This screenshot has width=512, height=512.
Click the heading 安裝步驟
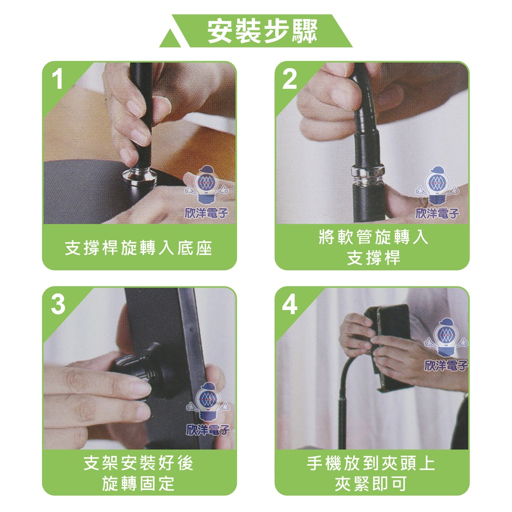coord(262,31)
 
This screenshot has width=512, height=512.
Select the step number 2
coord(289,79)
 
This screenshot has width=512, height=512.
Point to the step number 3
coord(58,304)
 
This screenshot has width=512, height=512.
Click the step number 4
coord(289,304)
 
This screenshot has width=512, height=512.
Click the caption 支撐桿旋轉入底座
coord(139,248)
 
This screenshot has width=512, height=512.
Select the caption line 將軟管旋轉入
coord(372,236)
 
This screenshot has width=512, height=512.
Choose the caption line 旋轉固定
coord(138,483)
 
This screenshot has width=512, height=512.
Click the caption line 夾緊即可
coord(371,483)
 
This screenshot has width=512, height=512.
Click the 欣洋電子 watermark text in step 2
coord(437,213)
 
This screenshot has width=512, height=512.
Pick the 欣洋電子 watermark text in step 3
coord(207,429)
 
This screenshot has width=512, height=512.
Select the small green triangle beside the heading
coord(171,39)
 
